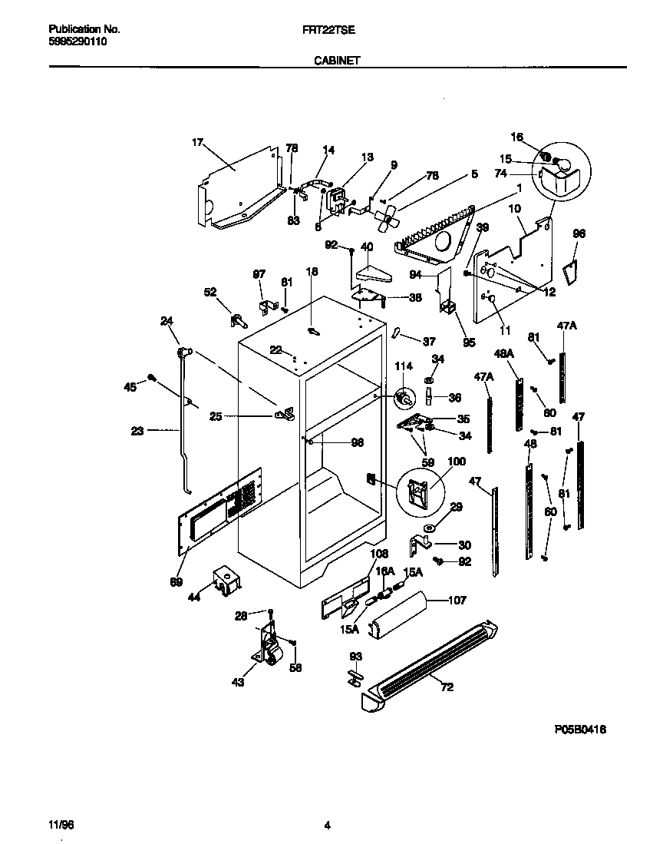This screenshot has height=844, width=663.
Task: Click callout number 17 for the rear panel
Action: [x=197, y=142]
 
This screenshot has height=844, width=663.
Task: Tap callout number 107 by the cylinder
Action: [x=456, y=601]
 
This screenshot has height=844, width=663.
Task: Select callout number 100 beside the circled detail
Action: [x=456, y=462]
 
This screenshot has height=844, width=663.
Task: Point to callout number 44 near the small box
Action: [x=193, y=596]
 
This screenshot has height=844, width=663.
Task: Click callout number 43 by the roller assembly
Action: [x=238, y=682]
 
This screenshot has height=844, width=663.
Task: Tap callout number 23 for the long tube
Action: [x=137, y=431]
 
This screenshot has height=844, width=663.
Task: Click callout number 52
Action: [x=209, y=292]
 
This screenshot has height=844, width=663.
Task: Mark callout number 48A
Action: [x=503, y=354]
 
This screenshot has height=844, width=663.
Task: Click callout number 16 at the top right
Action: [x=517, y=137]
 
